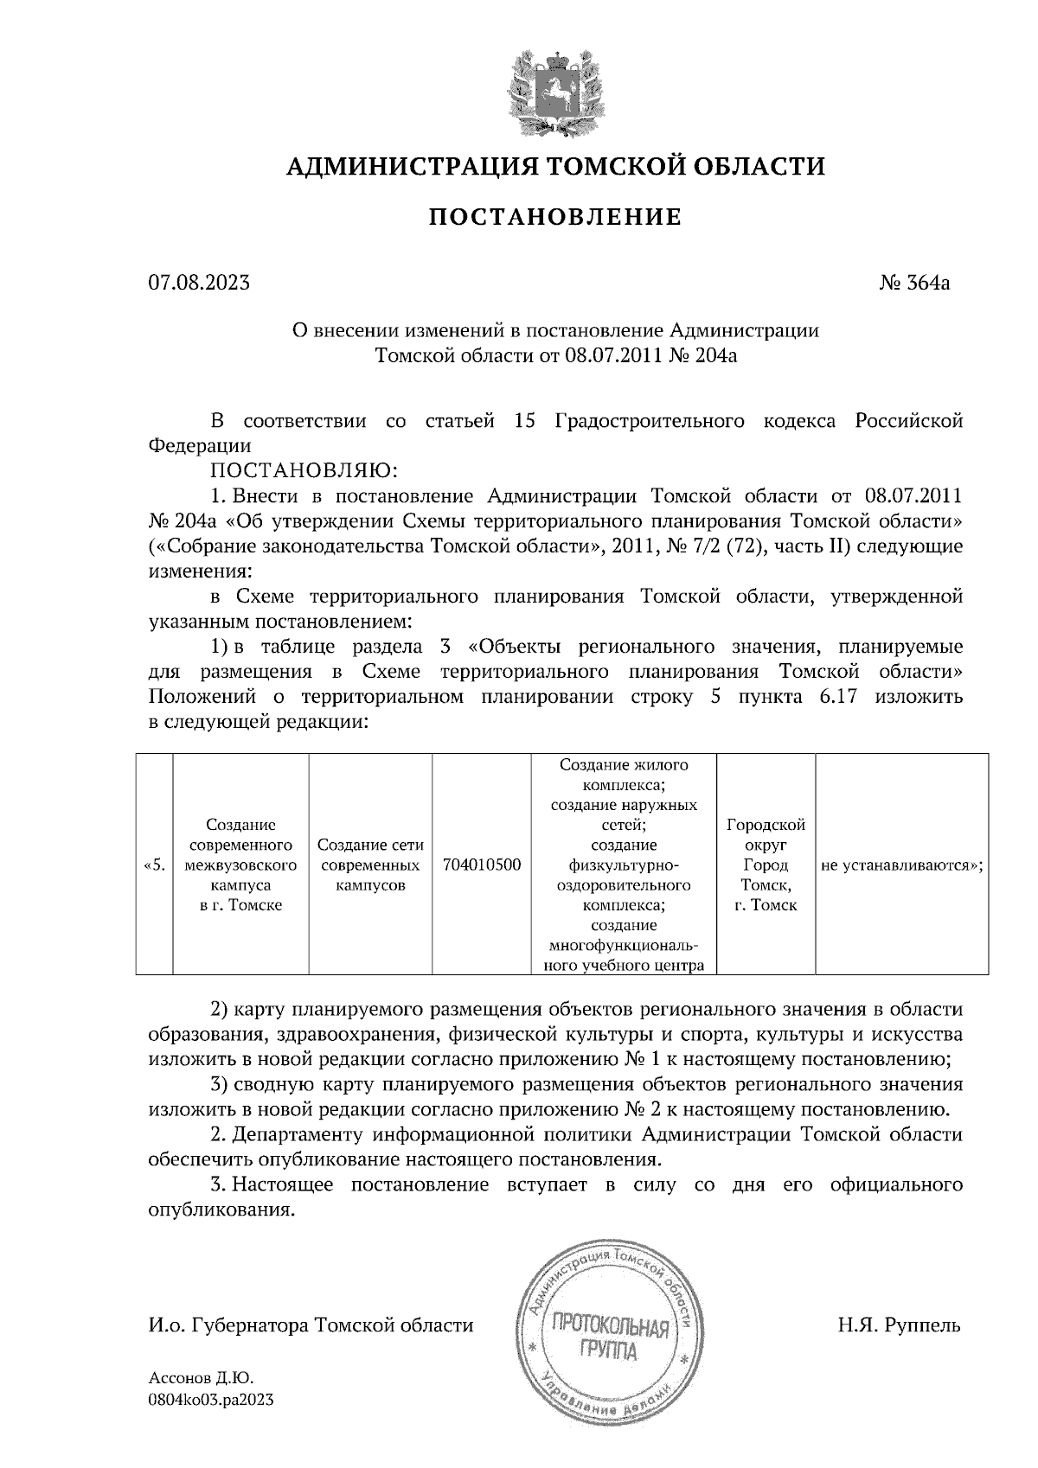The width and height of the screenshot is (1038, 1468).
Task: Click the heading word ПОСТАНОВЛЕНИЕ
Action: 555,217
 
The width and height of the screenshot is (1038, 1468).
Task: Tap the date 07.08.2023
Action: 199,283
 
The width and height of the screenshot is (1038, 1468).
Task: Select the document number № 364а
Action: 914,283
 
